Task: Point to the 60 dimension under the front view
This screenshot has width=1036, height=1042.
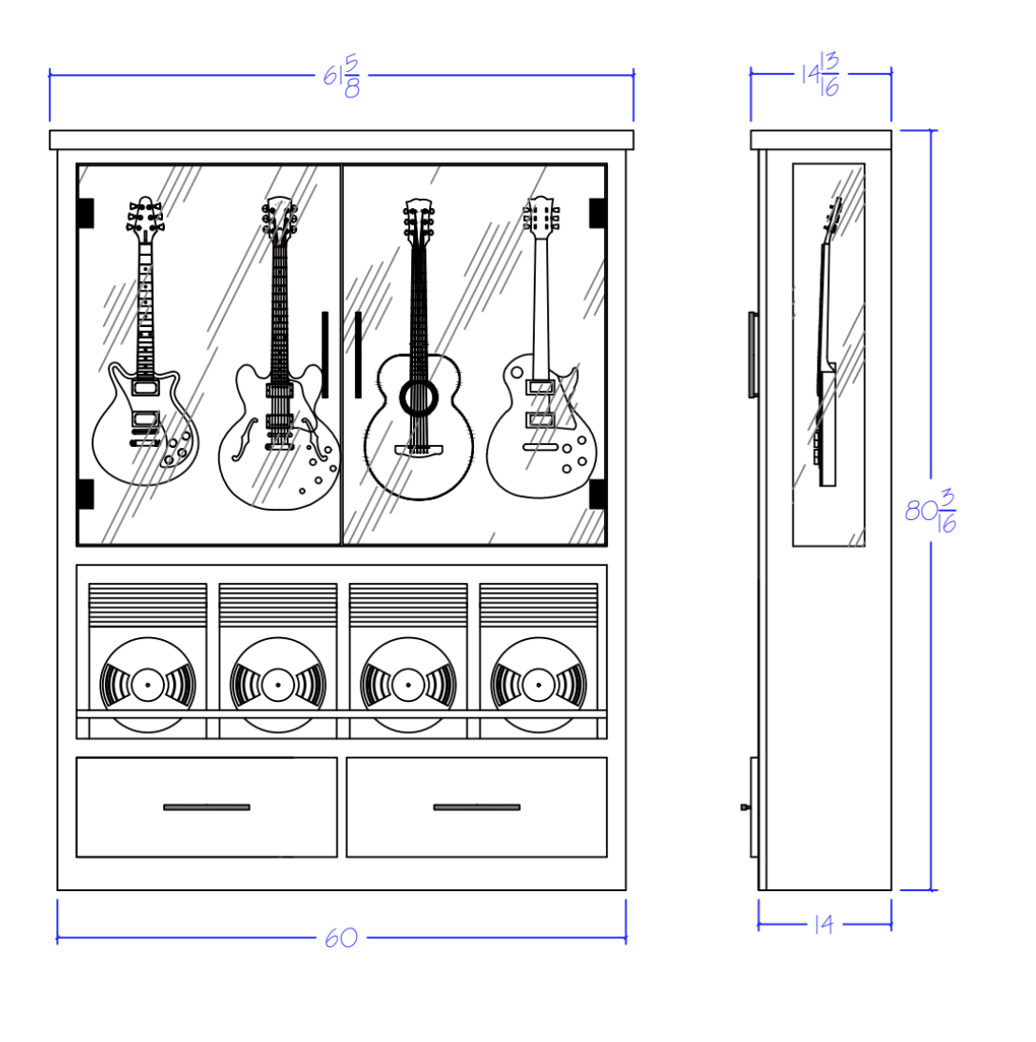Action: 341,938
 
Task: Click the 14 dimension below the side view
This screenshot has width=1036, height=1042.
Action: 823,925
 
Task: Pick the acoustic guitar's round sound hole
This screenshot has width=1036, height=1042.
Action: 419,397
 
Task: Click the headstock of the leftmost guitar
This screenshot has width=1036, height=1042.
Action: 144,216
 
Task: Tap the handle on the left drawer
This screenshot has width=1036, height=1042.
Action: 206,807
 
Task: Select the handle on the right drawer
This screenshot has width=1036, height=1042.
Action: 476,807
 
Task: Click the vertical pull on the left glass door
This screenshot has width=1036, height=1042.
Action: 325,355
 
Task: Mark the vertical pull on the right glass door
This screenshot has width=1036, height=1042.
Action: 358,355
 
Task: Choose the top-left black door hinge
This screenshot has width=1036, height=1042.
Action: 85,213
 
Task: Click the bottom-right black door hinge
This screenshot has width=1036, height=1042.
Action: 598,494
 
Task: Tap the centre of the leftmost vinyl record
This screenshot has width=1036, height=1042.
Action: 148,685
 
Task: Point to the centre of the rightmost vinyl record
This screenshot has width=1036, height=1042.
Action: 539,685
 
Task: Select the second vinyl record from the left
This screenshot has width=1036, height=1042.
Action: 278,685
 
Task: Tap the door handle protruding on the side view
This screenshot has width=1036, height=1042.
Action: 752,355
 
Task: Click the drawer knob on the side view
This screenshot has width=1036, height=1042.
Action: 744,807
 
